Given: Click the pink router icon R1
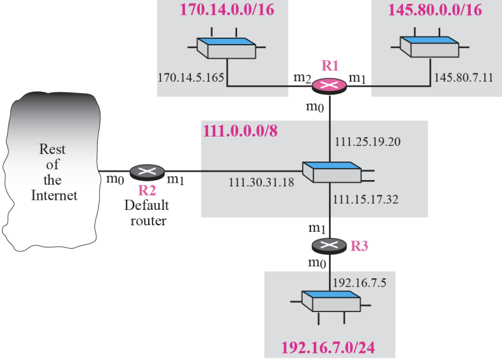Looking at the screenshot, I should pyautogui.click(x=330, y=86).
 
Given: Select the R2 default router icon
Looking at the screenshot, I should pyautogui.click(x=147, y=172).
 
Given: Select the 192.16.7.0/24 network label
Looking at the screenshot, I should pyautogui.click(x=328, y=349).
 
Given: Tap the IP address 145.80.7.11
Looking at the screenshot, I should pyautogui.click(x=464, y=78).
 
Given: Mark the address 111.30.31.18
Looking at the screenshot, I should pyautogui.click(x=261, y=183).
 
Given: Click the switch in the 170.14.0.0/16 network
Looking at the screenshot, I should pyautogui.click(x=225, y=47).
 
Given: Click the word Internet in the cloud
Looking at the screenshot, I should pyautogui.click(x=54, y=195).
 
